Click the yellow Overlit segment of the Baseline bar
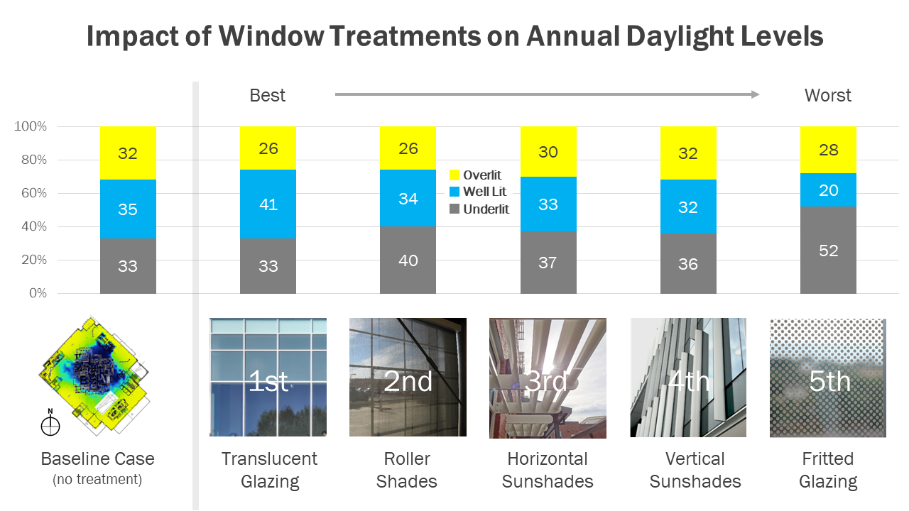click(x=128, y=153)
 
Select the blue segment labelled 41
click(x=268, y=204)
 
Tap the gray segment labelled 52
click(x=828, y=251)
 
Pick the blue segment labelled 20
click(x=828, y=190)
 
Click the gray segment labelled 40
click(x=408, y=260)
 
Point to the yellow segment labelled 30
click(x=548, y=152)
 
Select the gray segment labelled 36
click(x=687, y=264)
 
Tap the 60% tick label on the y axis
click(x=31, y=193)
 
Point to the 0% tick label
click(x=37, y=293)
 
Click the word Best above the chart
click(x=267, y=95)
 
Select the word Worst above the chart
click(x=827, y=95)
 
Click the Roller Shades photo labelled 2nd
click(x=408, y=377)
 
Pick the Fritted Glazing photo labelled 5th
click(x=828, y=377)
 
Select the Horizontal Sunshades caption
click(x=548, y=470)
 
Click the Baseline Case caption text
click(x=97, y=459)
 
